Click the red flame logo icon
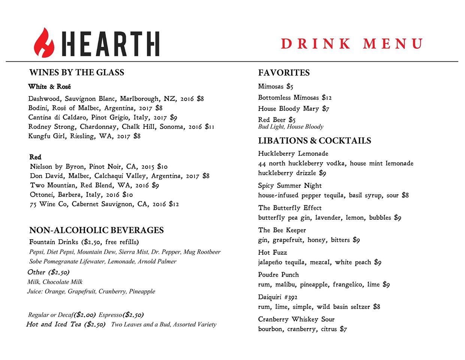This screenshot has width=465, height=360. click(x=44, y=42)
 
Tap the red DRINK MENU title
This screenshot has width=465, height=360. click(x=352, y=44)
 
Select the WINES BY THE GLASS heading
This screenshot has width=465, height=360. click(x=76, y=72)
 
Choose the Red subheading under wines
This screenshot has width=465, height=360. click(x=35, y=157)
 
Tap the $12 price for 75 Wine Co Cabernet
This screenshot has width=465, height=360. click(x=174, y=204)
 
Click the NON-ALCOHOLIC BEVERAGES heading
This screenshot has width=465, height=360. click(x=96, y=230)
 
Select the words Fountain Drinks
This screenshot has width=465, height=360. click(x=54, y=242)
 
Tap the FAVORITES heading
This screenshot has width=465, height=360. click(x=284, y=73)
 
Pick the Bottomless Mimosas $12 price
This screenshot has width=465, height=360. click(x=327, y=97)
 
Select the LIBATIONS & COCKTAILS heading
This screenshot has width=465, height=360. click(x=314, y=141)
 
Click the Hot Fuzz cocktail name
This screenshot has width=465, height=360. click(x=272, y=252)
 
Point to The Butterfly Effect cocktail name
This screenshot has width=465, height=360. click(x=290, y=208)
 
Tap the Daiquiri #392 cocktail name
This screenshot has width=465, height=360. click(x=278, y=297)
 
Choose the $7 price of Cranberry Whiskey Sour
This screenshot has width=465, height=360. click(x=343, y=329)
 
